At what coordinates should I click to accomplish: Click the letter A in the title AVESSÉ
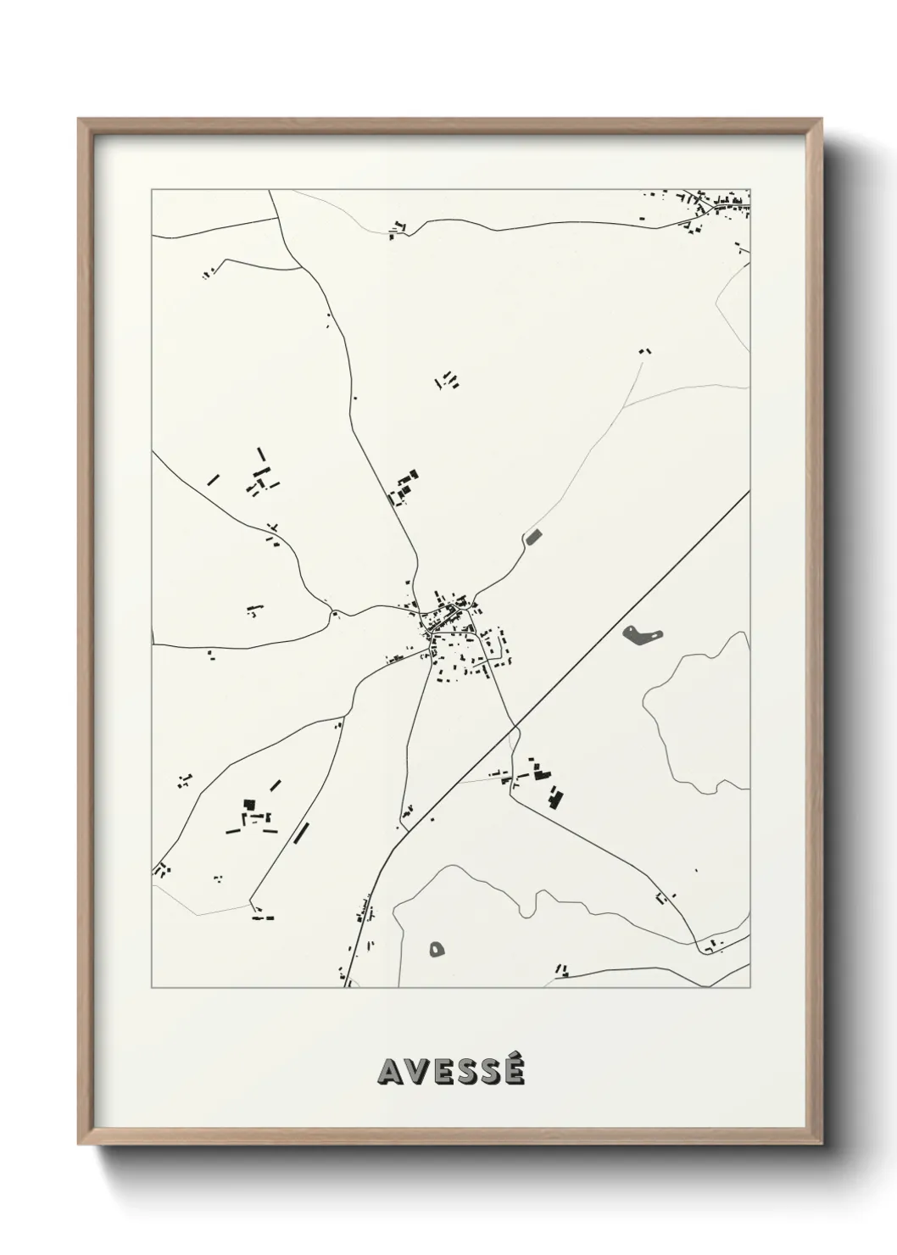(391, 1072)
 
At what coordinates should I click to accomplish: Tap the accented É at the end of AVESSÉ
(512, 1070)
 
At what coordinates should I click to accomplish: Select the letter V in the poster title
(415, 1072)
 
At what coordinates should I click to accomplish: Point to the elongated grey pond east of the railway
(643, 633)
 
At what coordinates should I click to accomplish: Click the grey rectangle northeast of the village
(533, 535)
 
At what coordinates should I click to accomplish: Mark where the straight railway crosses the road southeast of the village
(514, 727)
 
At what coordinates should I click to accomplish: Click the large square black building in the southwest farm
(248, 803)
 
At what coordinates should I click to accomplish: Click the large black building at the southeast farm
(554, 797)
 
